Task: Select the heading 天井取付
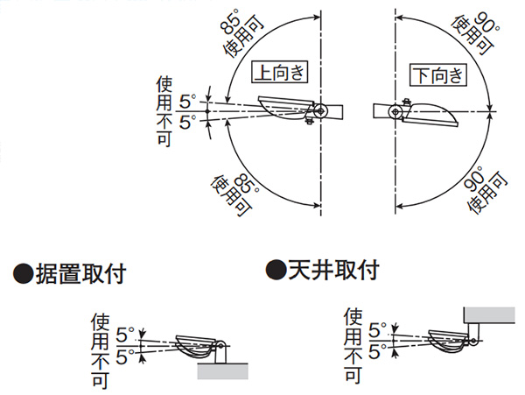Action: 333,269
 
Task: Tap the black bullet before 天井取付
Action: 276,269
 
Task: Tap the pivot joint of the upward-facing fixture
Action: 322,111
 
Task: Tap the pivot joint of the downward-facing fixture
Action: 396,112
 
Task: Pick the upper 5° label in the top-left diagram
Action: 186,101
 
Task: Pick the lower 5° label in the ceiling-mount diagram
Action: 377,352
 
